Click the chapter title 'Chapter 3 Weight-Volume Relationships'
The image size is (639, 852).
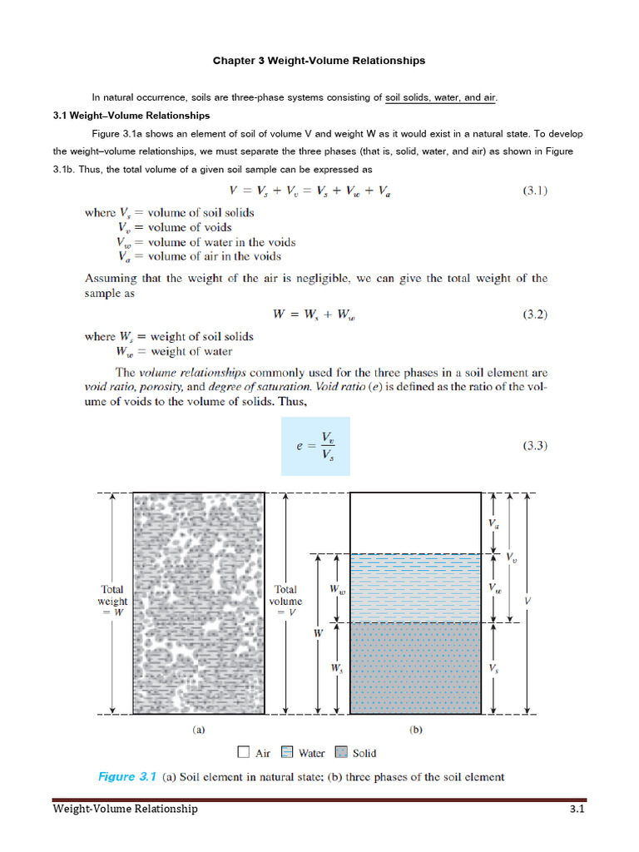point(319,61)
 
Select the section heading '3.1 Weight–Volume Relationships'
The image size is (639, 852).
point(131,116)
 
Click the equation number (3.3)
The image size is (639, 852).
point(534,446)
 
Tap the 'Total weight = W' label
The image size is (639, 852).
point(112,601)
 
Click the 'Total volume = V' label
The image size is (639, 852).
point(286,601)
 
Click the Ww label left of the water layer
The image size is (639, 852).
point(337,589)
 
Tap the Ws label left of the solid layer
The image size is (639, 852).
point(337,668)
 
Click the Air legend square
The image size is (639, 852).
point(243,752)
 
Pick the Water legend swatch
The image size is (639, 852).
point(287,752)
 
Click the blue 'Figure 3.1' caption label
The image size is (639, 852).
point(127,777)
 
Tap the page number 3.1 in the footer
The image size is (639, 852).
point(578,809)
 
